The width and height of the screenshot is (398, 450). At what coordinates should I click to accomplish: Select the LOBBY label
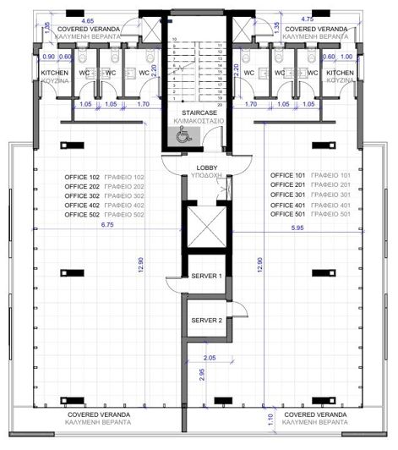pos(207,167)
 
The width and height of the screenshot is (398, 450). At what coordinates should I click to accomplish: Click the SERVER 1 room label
pos(206,277)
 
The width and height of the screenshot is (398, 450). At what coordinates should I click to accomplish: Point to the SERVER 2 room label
pos(206,320)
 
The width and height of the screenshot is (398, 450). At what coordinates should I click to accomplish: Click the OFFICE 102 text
pos(82,175)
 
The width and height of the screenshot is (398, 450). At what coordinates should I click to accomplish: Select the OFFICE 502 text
pos(82,216)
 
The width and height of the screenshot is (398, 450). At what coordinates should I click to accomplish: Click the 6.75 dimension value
pos(83,226)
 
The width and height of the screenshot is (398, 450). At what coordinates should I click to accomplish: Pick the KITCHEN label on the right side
pos(341,73)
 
